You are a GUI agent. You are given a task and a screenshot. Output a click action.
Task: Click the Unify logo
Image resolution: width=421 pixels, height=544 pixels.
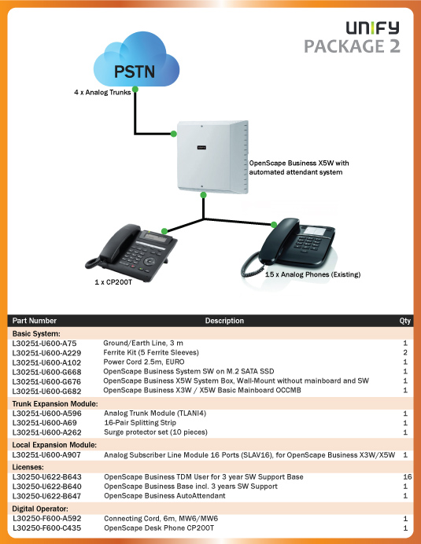[372, 28]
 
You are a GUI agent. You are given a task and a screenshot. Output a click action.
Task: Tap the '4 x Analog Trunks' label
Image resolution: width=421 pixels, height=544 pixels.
[102, 92]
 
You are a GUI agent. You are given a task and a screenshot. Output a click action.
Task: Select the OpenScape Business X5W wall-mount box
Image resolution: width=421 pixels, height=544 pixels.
[212, 156]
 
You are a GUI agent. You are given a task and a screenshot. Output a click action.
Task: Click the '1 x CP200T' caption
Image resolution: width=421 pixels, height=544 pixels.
[113, 282]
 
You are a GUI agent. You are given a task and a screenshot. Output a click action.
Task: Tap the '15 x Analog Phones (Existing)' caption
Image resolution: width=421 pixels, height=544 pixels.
[312, 274]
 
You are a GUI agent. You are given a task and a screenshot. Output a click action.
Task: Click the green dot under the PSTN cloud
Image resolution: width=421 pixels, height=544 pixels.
[135, 90]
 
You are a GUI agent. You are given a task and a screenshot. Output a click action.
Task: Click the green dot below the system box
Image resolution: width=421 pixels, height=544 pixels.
[204, 195]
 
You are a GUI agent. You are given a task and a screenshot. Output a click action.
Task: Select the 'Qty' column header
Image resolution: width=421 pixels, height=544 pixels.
[404, 321]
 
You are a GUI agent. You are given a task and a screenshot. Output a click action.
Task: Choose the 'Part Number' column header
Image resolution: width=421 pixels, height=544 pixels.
[35, 321]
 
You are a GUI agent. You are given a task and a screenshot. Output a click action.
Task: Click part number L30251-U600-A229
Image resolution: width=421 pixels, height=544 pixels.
[46, 353]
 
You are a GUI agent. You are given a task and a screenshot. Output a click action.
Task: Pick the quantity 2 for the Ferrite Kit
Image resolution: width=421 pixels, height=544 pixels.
[405, 352]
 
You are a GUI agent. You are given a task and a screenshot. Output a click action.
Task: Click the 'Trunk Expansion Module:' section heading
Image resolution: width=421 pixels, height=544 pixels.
[55, 404]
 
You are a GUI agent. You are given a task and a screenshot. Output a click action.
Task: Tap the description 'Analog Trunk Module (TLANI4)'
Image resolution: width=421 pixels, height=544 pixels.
[155, 414]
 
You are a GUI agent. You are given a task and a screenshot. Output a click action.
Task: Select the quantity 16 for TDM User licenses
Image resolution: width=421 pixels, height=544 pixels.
[408, 477]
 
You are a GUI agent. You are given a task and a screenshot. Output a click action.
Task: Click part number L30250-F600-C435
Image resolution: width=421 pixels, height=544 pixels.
[47, 528]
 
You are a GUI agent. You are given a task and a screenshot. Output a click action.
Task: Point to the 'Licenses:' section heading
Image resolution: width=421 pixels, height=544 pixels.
[28, 467]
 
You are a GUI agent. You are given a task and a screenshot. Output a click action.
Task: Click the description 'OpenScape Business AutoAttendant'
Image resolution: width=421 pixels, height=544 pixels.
[164, 496]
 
